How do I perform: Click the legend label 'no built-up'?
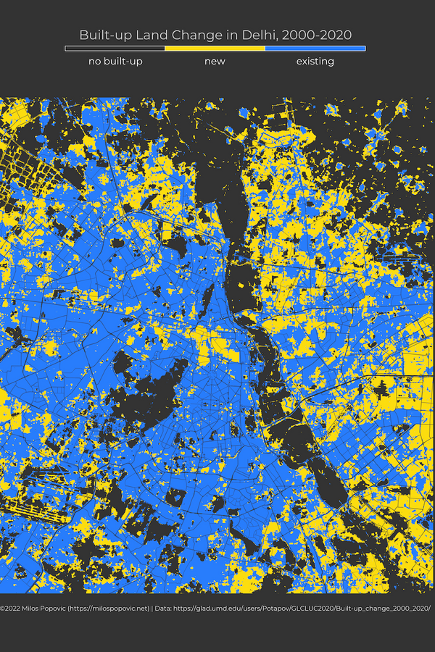115,62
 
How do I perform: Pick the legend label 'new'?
215,62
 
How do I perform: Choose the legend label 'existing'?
315,62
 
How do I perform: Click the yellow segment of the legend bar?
215,49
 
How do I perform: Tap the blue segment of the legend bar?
315,49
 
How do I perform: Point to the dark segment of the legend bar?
115,49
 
